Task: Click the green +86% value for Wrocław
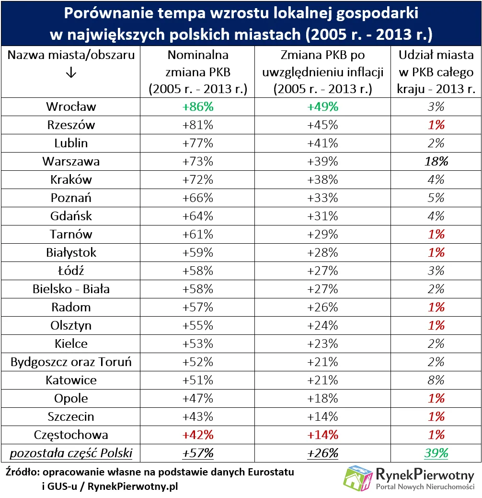click(x=197, y=107)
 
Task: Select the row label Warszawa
click(x=71, y=161)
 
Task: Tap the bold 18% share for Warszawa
click(x=436, y=161)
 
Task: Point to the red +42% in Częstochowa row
click(x=197, y=435)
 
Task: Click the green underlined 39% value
click(x=436, y=453)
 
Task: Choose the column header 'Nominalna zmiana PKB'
click(x=197, y=72)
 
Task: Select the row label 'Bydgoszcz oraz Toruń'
click(x=71, y=362)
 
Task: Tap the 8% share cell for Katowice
click(x=436, y=380)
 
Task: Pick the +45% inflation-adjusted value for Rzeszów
click(x=322, y=125)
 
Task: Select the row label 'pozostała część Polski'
click(x=71, y=453)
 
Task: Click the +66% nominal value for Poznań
click(x=197, y=198)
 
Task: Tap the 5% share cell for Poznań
click(x=436, y=198)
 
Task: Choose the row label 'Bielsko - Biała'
click(x=71, y=289)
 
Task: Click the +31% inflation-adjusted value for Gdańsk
click(x=322, y=216)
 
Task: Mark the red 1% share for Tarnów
click(x=436, y=234)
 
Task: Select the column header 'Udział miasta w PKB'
click(x=436, y=72)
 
